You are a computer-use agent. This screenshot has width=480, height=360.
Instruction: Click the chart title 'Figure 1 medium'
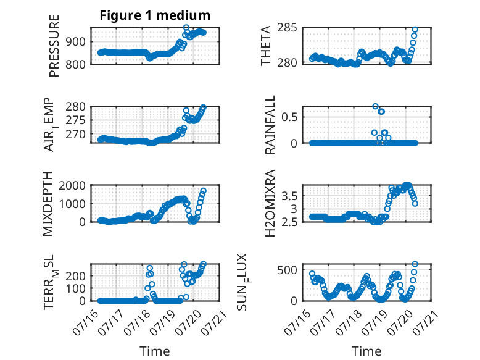point(155,15)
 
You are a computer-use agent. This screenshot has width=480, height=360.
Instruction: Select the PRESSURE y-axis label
point(54,46)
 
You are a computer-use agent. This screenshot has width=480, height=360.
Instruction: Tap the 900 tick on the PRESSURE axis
point(76,41)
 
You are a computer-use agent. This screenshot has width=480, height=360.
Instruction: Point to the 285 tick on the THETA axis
point(287,28)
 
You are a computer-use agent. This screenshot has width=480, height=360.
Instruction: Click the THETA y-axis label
point(266,46)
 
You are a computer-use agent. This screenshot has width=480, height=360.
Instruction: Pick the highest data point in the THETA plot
point(415,30)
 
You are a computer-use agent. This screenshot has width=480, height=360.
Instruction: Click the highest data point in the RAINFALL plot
point(376,106)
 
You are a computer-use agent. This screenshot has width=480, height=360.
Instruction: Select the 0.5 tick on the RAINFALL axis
point(289,117)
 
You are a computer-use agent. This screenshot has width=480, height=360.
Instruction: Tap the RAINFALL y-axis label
point(270,125)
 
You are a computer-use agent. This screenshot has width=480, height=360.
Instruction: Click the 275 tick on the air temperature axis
point(76,120)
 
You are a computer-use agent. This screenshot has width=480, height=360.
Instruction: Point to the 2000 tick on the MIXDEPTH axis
point(72,185)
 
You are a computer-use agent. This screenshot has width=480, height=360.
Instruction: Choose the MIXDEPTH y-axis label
point(48,204)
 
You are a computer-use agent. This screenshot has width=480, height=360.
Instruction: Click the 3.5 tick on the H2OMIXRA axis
point(289,196)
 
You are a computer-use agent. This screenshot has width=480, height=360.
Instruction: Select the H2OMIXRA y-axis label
point(270,203)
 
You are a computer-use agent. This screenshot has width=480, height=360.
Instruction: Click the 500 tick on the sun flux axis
point(287,270)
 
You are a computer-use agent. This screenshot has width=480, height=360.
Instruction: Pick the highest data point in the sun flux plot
point(415,264)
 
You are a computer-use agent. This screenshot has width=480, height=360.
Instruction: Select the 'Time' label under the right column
point(366,351)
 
